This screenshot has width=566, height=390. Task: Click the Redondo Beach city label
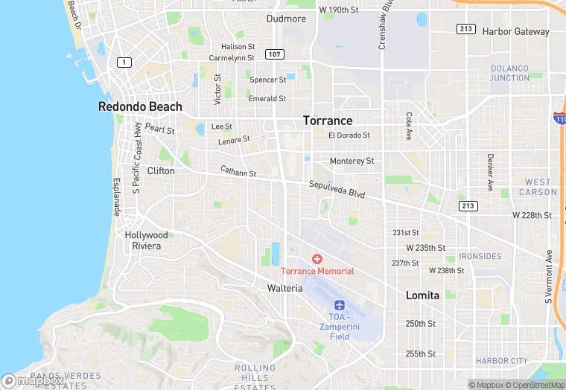coord(140,106)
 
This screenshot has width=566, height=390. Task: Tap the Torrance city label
coord(328,121)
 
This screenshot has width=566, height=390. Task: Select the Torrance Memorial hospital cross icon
coord(317,259)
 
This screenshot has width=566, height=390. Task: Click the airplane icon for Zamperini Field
coord(340,305)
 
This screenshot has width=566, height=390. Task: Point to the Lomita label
coord(422,295)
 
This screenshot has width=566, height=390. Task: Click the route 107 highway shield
coord(275,54)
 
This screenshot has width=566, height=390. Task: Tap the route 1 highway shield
coord(121,63)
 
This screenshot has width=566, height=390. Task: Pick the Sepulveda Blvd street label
coord(337,189)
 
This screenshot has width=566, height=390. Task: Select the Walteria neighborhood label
coord(285,288)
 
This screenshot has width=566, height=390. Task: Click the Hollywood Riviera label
coord(147,240)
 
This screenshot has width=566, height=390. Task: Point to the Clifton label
coord(161,170)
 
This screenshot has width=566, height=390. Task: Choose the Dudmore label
coord(287,19)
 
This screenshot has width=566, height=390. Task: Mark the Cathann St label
coord(238,172)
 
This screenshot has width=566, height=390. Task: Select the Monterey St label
coord(352,161)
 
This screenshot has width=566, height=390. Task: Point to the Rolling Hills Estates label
coord(255,378)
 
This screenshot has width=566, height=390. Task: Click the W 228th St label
coord(532,215)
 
